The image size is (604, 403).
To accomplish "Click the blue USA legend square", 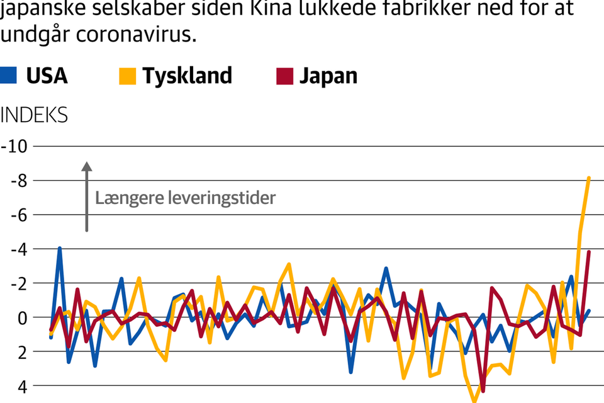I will click(8, 76).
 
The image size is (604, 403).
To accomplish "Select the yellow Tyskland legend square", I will click(126, 76).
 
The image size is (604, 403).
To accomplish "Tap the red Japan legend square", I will click(284, 76).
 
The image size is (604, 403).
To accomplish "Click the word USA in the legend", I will click(47, 76).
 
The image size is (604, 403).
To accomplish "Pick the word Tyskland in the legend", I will click(187, 76).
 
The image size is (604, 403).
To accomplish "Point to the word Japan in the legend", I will click(328, 76).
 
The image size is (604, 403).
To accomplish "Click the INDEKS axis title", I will click(34, 115).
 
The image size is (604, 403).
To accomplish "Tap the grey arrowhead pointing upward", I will click(87, 167).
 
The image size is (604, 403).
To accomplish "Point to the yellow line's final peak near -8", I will click(589, 178).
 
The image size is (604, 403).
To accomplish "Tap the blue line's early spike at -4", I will click(60, 248).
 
